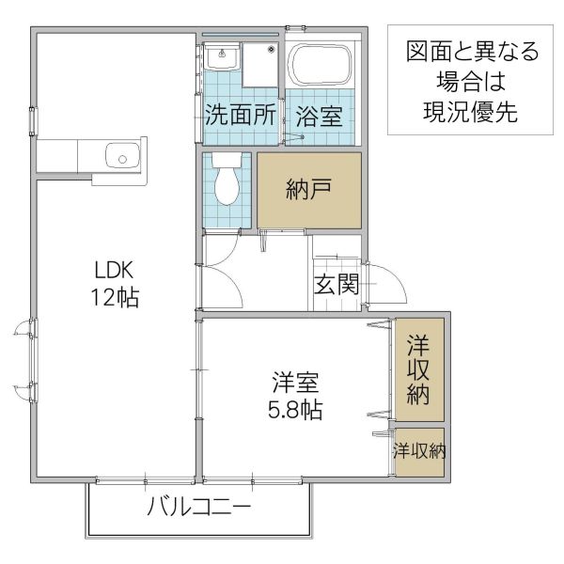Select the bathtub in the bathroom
pos(321,67)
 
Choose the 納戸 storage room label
pos(308,188)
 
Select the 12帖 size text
pos(116,299)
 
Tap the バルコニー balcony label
pos(199,510)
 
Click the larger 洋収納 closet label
pos(418,369)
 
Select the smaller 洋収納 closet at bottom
pos(419,451)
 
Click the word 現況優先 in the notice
pos(464,107)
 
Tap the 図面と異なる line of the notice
pos(464,51)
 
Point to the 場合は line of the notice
pos(464,79)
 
